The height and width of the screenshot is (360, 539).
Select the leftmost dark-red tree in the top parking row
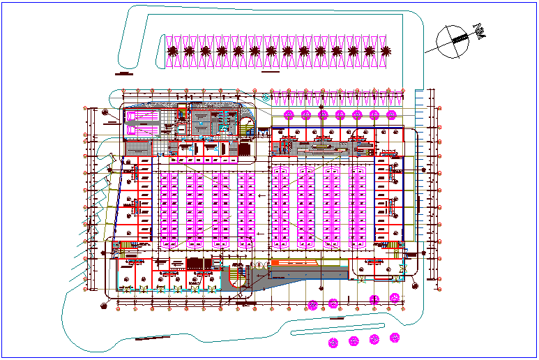click(x=173, y=51)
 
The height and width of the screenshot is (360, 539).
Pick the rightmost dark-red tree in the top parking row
click(x=386, y=51)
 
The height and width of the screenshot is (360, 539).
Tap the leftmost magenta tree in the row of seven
click(x=289, y=114)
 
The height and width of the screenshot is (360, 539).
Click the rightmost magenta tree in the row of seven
click(x=391, y=114)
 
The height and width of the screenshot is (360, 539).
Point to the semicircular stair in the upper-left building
click(x=248, y=126)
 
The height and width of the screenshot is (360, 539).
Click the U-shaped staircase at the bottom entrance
click(x=237, y=276)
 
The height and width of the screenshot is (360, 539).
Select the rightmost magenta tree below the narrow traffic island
click(x=395, y=338)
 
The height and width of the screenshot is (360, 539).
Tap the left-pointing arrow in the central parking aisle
click(x=259, y=197)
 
